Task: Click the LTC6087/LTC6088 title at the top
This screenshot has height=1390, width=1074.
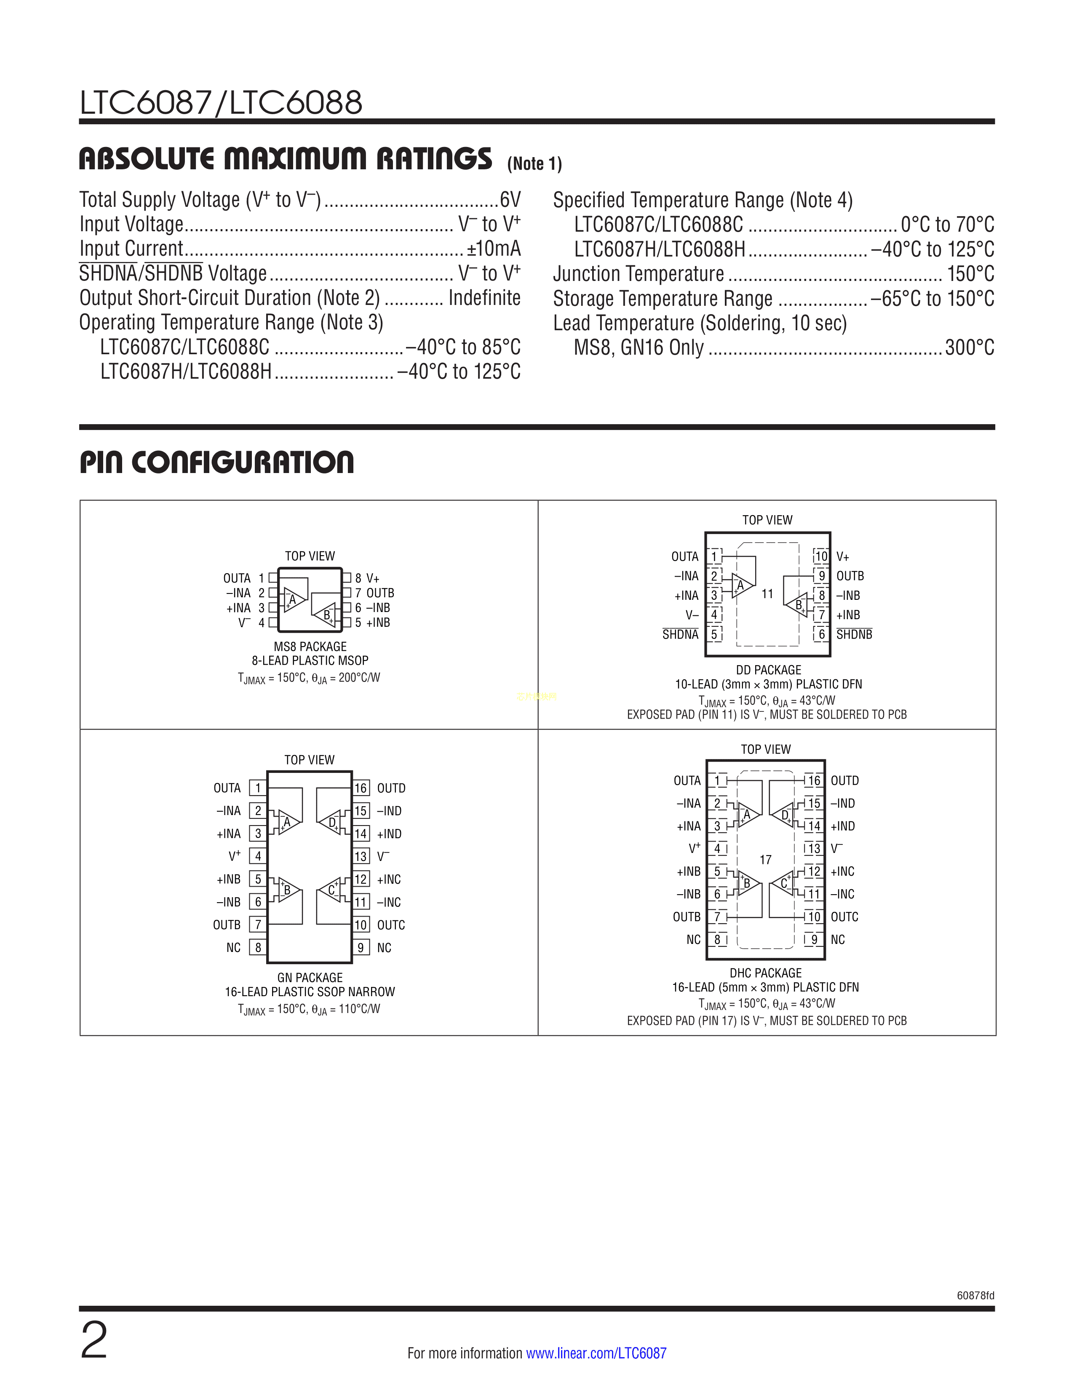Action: point(221,102)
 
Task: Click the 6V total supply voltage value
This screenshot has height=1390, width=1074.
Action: point(510,200)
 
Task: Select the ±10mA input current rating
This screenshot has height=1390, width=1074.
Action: point(494,248)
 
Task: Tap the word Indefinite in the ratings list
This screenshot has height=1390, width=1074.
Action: point(485,297)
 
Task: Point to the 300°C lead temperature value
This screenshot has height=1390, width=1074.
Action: point(970,347)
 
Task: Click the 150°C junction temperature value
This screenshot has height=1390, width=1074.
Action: point(971,274)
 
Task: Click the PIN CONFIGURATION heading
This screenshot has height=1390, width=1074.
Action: point(216,462)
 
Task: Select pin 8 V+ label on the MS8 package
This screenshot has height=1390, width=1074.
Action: point(367,578)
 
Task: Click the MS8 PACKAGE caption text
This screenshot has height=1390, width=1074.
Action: point(310,647)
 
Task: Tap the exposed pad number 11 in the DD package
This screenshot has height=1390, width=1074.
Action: point(767,594)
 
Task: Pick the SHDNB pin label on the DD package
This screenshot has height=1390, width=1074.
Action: point(854,634)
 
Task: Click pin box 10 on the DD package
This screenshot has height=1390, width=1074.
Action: point(821,556)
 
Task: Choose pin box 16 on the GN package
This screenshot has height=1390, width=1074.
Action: point(361,788)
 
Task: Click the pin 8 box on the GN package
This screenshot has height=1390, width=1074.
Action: point(258,948)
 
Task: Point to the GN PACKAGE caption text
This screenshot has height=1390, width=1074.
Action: point(310,978)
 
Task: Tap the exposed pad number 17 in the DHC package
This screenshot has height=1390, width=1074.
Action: point(765,860)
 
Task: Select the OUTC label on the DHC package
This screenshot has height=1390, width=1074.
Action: point(844,917)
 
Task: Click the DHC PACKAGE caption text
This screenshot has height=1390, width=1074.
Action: point(765,973)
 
